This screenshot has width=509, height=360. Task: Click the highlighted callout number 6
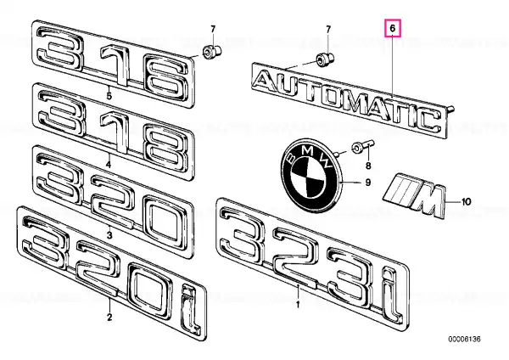393,28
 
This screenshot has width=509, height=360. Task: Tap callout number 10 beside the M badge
466,202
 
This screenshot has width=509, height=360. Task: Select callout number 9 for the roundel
368,183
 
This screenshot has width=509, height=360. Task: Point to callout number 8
368,166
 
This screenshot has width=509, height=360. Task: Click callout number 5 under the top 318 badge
109,96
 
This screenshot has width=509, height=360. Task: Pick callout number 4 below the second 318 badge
109,165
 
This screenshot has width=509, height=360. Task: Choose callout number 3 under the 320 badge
109,234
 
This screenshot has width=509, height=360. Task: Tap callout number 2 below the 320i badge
109,317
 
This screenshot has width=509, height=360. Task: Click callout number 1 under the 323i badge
298,305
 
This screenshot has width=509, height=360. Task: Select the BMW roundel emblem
311,177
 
